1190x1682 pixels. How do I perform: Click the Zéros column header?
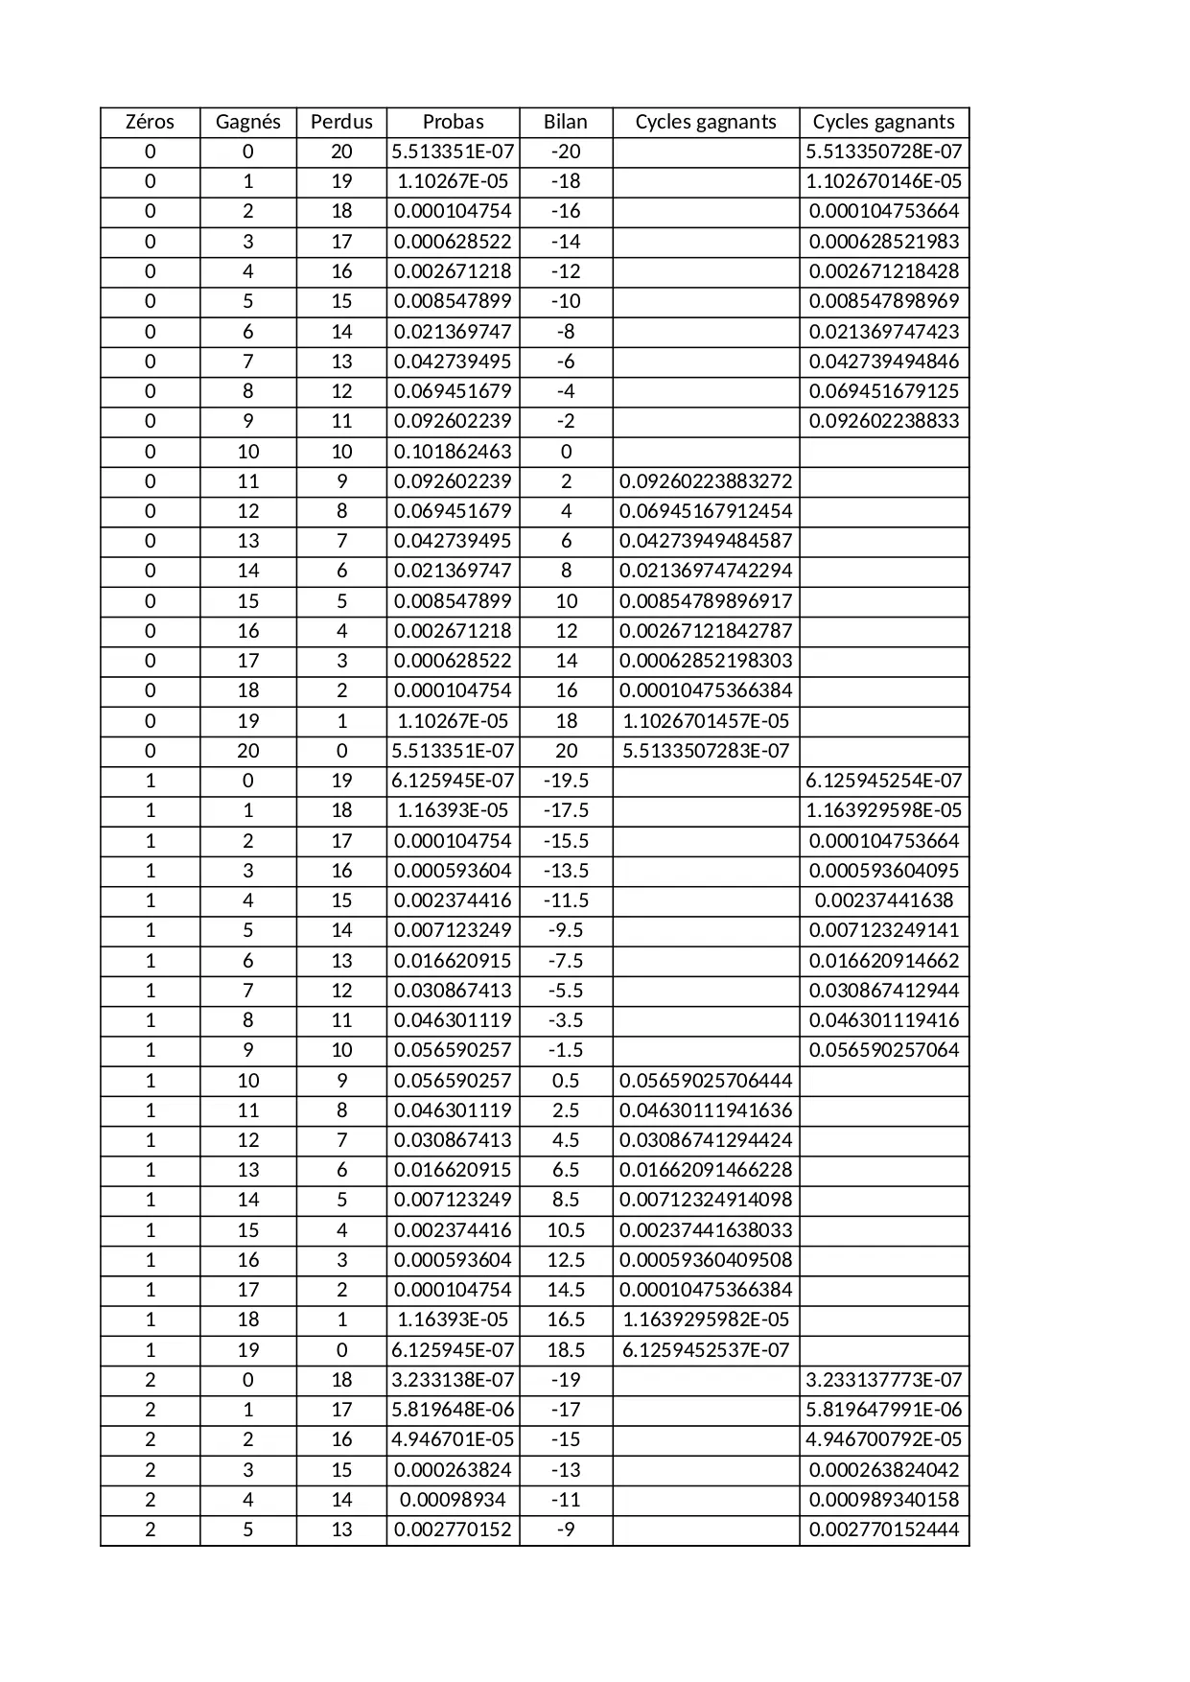click(x=150, y=122)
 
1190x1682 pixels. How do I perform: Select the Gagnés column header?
click(x=247, y=122)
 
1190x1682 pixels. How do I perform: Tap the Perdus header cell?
click(x=341, y=122)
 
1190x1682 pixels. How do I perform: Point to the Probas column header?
click(x=453, y=122)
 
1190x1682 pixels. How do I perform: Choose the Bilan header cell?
click(x=566, y=122)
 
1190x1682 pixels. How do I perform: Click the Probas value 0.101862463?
click(x=453, y=452)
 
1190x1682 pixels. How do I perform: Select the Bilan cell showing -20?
click(x=566, y=152)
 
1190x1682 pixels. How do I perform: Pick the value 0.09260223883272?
click(x=706, y=481)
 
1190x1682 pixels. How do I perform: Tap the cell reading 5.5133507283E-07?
click(x=706, y=751)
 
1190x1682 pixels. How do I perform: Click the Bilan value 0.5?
click(x=566, y=1081)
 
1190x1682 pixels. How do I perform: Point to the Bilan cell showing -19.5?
click(x=566, y=781)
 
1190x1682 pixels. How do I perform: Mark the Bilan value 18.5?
click(x=566, y=1350)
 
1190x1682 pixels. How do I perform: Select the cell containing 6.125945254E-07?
click(x=884, y=781)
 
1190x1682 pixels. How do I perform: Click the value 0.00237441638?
click(x=884, y=900)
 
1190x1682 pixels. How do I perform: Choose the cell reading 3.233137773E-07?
click(x=884, y=1380)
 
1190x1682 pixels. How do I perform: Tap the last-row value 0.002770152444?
click(x=884, y=1530)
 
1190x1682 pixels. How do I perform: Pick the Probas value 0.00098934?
click(x=453, y=1500)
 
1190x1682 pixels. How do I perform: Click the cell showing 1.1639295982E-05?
click(x=706, y=1320)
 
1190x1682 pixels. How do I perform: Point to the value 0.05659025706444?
click(x=706, y=1081)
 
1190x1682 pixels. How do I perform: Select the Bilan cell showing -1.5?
click(x=566, y=1050)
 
